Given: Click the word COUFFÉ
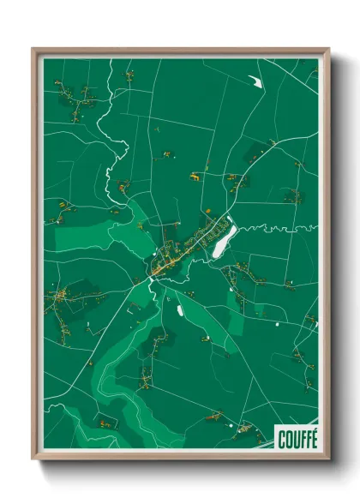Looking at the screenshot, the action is pyautogui.click(x=297, y=440).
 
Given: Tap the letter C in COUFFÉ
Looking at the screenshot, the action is pyautogui.click(x=282, y=440).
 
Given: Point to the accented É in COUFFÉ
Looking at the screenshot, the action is pyautogui.click(x=313, y=440).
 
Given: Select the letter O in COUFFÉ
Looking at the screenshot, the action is pyautogui.click(x=288, y=440).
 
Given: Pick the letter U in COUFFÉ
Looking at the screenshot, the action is pyautogui.click(x=295, y=440).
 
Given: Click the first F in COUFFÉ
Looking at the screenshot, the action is pyautogui.click(x=301, y=440).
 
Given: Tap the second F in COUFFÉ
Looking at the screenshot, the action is pyautogui.click(x=307, y=440).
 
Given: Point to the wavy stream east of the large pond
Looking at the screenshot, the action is pyautogui.click(x=274, y=229).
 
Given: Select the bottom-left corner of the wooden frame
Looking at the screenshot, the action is pyautogui.click(x=33, y=459).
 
